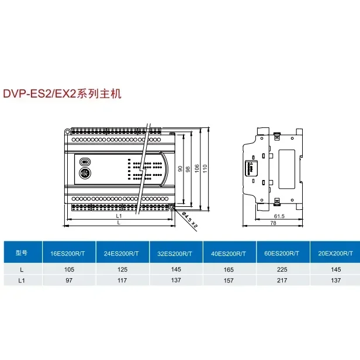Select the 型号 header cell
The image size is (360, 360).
(x=22, y=253)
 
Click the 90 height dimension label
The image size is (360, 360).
(x=179, y=168)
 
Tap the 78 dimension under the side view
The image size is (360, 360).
(x=273, y=224)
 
